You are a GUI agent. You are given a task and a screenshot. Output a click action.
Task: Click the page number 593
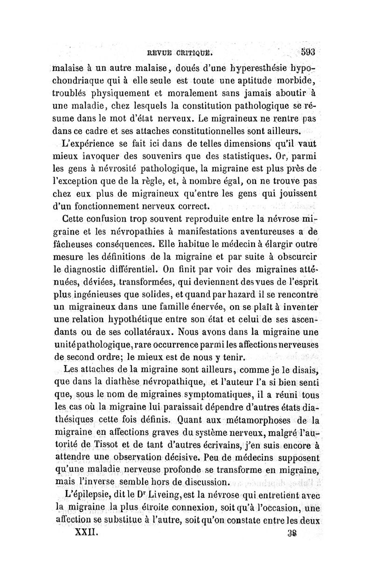tap(309, 51)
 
